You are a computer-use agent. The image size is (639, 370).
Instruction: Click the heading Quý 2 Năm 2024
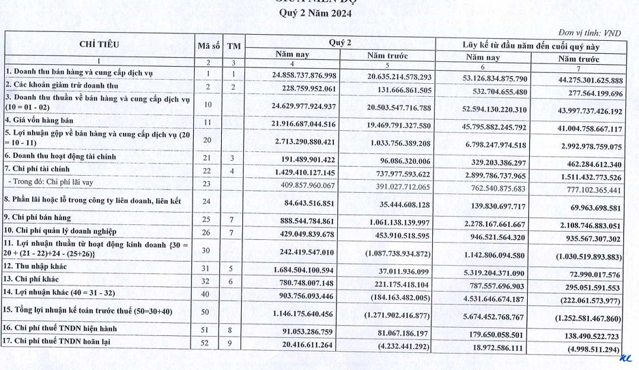pos(319,13)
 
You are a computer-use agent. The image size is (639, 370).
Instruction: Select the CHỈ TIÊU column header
pos(99,44)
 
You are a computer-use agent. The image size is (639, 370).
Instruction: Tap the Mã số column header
pos(208,46)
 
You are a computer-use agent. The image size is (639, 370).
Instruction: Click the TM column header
pos(234,46)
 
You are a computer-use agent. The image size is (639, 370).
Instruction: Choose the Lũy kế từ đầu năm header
pos(530,46)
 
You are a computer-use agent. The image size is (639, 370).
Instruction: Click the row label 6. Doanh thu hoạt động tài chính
pos(67,157)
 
